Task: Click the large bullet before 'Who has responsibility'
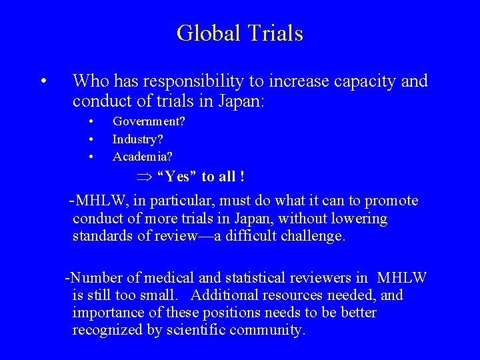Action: (x=42, y=82)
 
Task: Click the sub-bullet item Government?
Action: (x=149, y=122)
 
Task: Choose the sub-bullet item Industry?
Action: (x=138, y=139)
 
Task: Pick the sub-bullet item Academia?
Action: (x=142, y=157)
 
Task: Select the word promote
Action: (x=394, y=201)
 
